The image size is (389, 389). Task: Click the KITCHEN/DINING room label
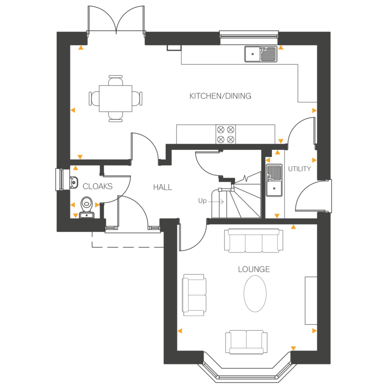point(220,96)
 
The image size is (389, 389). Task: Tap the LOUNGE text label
point(254,269)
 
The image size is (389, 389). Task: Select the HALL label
point(163,188)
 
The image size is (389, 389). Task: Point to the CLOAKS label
point(98,187)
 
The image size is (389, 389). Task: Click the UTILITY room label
point(300,169)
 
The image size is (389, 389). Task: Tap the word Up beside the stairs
point(202,201)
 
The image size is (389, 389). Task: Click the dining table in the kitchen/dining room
point(115,99)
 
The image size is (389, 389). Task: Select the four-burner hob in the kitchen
point(226,134)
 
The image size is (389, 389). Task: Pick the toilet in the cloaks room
point(87,207)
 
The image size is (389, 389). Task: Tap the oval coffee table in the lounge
point(255,294)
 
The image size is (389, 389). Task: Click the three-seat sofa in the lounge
point(254,240)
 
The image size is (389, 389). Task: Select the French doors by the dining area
point(116,19)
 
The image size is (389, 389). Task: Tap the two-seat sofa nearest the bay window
point(246,341)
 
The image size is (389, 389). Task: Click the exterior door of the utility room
point(314,197)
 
